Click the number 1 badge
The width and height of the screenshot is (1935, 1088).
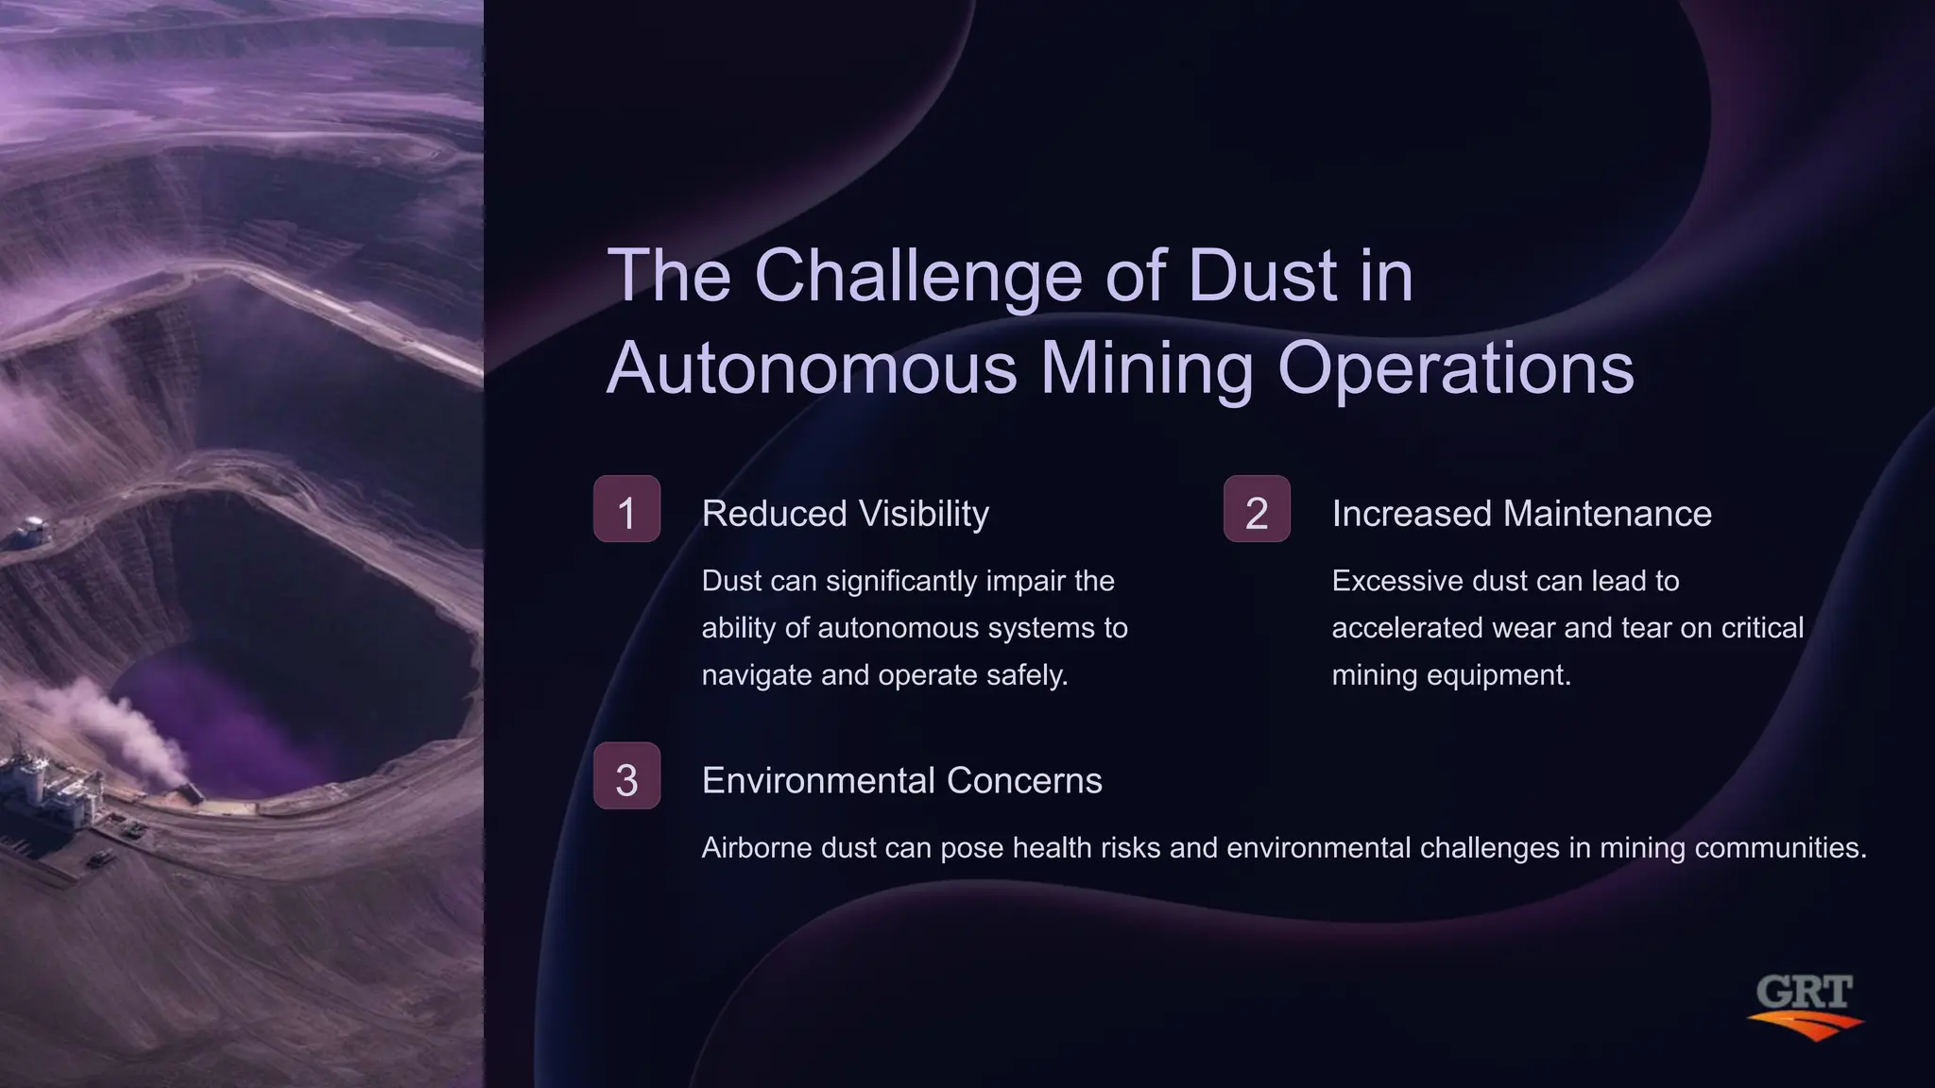[x=626, y=509]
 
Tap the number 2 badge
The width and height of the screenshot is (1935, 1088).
[x=1257, y=509]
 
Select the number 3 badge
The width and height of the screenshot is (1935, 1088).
[x=626, y=776]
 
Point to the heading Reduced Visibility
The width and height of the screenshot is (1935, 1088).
[x=845, y=514]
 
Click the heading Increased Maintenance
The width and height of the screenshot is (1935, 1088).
[x=1521, y=514]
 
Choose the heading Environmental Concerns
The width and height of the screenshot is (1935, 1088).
[x=901, y=781]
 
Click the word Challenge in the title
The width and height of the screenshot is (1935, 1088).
[x=917, y=276]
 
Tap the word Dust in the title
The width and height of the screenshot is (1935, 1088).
[x=1261, y=276]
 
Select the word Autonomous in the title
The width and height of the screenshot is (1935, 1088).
[x=812, y=368]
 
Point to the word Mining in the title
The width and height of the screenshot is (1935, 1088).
[x=1147, y=368]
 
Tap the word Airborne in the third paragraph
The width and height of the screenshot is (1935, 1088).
[x=757, y=848]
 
